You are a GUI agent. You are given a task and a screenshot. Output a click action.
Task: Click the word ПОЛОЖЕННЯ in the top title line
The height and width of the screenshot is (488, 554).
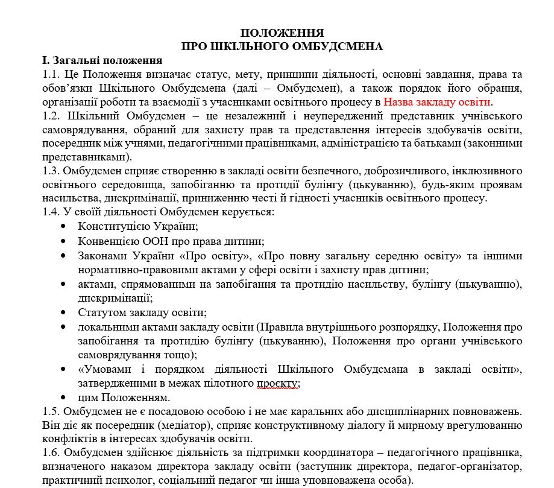[x=282, y=33]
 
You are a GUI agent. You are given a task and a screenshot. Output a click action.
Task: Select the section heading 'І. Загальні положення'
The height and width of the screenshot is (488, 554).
[x=101, y=60]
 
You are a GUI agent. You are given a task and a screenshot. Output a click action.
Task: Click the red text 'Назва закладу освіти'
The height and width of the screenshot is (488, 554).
[x=438, y=101]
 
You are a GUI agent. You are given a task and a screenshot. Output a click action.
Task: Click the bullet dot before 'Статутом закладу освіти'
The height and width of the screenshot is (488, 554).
[x=63, y=312]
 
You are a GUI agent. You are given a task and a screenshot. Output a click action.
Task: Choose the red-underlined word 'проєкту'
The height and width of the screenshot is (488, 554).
[x=279, y=383]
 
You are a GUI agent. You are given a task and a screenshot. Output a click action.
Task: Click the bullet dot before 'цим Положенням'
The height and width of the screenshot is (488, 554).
[x=63, y=398]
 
